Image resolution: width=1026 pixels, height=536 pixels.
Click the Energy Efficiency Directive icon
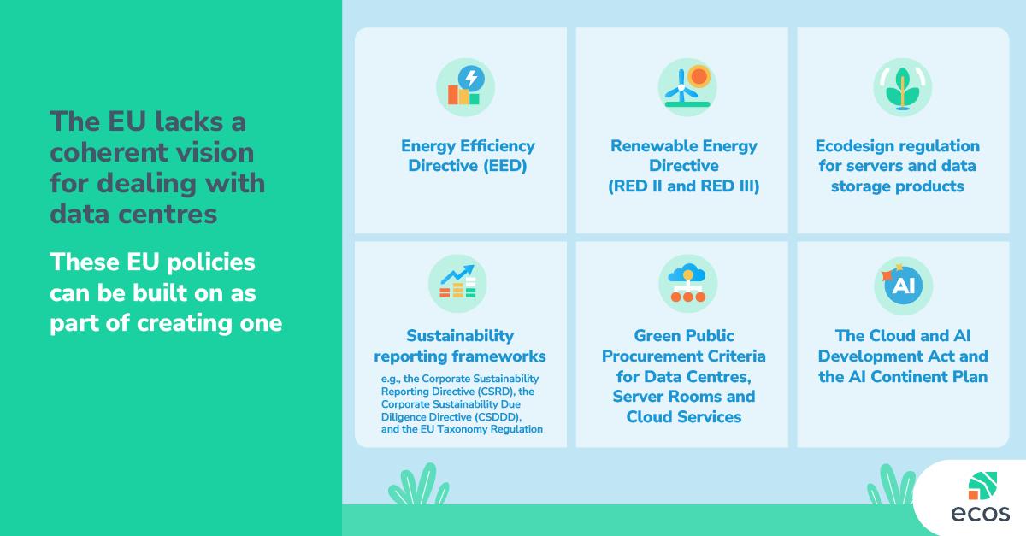pyautogui.click(x=465, y=87)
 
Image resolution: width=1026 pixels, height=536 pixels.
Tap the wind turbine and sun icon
pyautogui.click(x=687, y=87)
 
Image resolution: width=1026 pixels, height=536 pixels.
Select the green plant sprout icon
pyautogui.click(x=902, y=87)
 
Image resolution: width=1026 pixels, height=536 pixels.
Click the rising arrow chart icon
pyautogui.click(x=457, y=283)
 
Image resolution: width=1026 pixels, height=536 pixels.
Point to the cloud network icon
pyautogui.click(x=687, y=283)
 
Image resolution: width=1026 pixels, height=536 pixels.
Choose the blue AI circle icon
pyautogui.click(x=903, y=286)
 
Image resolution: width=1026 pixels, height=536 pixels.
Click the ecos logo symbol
pyautogui.click(x=982, y=486)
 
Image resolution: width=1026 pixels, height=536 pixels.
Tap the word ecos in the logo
pyautogui.click(x=981, y=514)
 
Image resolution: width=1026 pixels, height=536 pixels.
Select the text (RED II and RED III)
pyautogui.click(x=684, y=186)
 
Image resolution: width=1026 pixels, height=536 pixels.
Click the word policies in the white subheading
pyautogui.click(x=210, y=262)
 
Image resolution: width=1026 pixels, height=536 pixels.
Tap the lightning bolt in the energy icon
pyautogui.click(x=471, y=78)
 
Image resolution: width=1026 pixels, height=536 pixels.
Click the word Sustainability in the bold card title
pyautogui.click(x=460, y=336)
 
